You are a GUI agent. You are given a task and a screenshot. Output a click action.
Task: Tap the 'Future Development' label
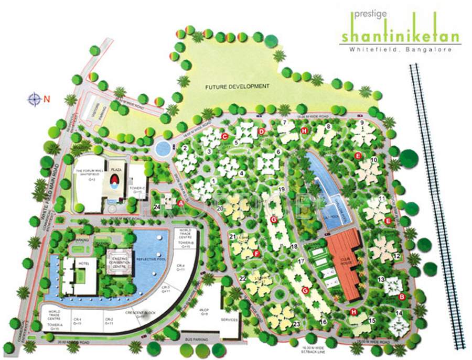point(237,86)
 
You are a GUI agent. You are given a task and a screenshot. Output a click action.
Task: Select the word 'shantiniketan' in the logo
point(400,37)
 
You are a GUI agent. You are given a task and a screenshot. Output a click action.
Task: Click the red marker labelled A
point(181,203)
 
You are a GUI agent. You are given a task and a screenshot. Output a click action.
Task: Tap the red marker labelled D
point(261,132)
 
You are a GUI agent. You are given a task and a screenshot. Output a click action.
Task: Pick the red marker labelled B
point(402,297)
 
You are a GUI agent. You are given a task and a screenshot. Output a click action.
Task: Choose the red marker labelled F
point(256,254)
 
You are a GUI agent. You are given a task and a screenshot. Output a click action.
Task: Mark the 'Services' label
point(230,320)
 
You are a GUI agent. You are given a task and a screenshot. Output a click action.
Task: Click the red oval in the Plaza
point(114,181)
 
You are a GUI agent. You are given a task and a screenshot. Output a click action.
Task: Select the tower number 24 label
point(157,207)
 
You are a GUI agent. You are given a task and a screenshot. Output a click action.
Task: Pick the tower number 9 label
point(361,123)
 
